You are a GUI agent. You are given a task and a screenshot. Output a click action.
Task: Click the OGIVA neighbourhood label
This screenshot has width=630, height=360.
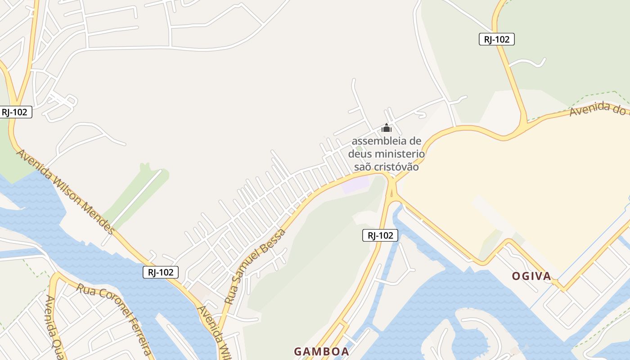pyautogui.click(x=531, y=276)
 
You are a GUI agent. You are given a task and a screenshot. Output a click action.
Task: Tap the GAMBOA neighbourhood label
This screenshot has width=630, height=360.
pyautogui.click(x=321, y=351)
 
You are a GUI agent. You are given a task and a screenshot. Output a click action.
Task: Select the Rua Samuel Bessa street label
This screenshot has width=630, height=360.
pyautogui.click(x=255, y=266)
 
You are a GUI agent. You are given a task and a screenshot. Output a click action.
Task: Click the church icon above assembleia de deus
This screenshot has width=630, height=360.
pyautogui.click(x=387, y=128)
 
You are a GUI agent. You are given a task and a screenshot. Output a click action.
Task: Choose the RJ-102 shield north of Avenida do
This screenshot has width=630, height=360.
pyautogui.click(x=496, y=39)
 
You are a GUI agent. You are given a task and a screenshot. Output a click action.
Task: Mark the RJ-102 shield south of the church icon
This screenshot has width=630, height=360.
pyautogui.click(x=380, y=235)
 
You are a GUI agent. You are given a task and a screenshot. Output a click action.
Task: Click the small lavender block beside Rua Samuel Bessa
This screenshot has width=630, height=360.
pyautogui.click(x=355, y=185)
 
